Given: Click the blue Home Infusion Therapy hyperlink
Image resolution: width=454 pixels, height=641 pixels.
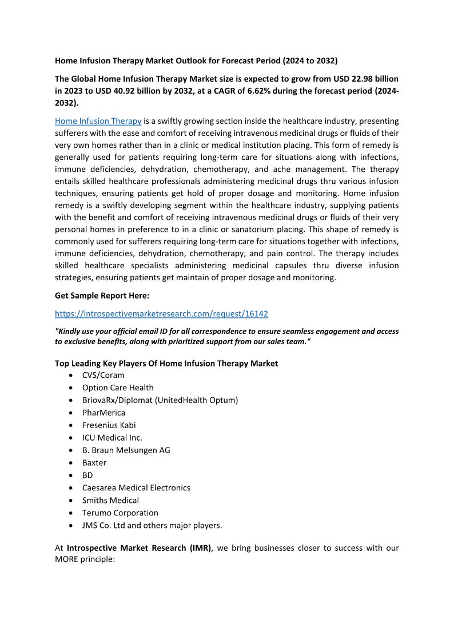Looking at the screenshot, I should pyautogui.click(x=98, y=121).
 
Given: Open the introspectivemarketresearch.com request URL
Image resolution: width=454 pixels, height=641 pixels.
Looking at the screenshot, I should pyautogui.click(x=161, y=313).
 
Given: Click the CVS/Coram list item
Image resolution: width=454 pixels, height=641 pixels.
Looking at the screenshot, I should pyautogui.click(x=103, y=375).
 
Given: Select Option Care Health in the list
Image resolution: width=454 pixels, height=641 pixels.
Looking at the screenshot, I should pyautogui.click(x=118, y=388).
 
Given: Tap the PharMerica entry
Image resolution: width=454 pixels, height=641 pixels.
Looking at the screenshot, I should pyautogui.click(x=103, y=413).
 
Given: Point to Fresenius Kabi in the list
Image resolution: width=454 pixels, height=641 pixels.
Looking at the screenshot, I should pyautogui.click(x=109, y=425).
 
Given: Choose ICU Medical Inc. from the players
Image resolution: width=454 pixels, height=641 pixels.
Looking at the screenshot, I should pyautogui.click(x=112, y=438).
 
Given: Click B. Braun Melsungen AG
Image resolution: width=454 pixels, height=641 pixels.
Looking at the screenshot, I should pyautogui.click(x=126, y=450).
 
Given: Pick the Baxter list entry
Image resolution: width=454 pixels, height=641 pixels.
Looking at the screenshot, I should pyautogui.click(x=94, y=463).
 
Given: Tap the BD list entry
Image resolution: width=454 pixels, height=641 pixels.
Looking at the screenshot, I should pyautogui.click(x=87, y=475).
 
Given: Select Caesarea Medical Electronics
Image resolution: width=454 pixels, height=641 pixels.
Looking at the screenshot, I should pyautogui.click(x=136, y=488).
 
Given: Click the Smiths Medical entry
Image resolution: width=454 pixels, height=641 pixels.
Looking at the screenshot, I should pyautogui.click(x=110, y=501).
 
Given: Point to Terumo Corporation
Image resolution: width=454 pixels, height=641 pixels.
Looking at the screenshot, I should pyautogui.click(x=120, y=513).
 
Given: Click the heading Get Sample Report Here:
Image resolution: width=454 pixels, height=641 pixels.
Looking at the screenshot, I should pyautogui.click(x=102, y=296).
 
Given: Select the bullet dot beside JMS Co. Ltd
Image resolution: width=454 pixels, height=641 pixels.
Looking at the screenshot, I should pyautogui.click(x=70, y=526).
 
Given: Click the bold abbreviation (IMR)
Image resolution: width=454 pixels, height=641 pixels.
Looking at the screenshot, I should pyautogui.click(x=199, y=548).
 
